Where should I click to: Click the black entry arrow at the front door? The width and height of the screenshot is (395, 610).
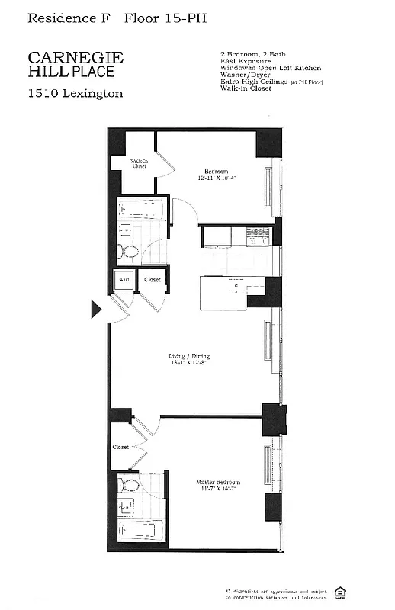pos(96,309)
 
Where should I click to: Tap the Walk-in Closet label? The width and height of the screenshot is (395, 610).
pos(139,163)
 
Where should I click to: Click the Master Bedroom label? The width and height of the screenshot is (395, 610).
pos(217,482)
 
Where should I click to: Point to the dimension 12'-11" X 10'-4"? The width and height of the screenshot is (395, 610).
pos(217,178)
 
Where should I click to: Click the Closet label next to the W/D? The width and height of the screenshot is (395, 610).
pos(153,280)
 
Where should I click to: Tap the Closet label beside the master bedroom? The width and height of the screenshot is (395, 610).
pos(120,448)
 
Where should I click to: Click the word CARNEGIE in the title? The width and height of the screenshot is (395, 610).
pos(75,58)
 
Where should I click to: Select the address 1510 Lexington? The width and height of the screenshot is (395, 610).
pos(75,94)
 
